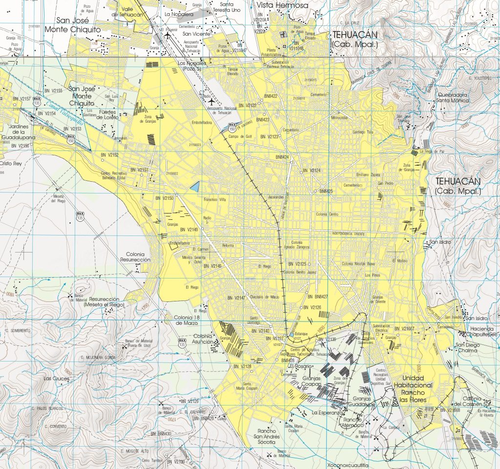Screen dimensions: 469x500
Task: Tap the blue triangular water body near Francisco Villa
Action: pos(195,186)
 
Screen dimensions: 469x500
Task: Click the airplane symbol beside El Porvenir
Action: pos(167,35)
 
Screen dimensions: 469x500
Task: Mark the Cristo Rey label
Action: pos(11,164)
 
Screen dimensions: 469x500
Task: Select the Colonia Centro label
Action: pos(327,214)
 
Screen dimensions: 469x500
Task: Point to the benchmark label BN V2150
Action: pos(164,198)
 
